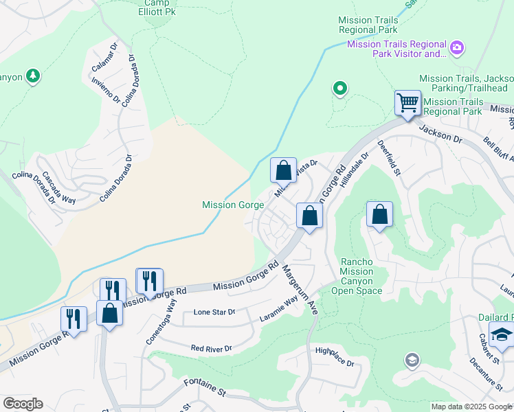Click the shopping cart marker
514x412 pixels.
click(407, 104)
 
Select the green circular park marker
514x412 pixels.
click(339, 88)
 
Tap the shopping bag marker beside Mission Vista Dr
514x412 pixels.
click(283, 171)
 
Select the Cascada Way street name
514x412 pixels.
click(59, 187)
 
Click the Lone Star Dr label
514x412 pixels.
click(214, 312)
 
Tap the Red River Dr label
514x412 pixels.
click(211, 349)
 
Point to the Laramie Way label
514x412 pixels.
click(280, 308)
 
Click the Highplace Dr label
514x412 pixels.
click(334, 357)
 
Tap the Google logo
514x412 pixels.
click(23, 404)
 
